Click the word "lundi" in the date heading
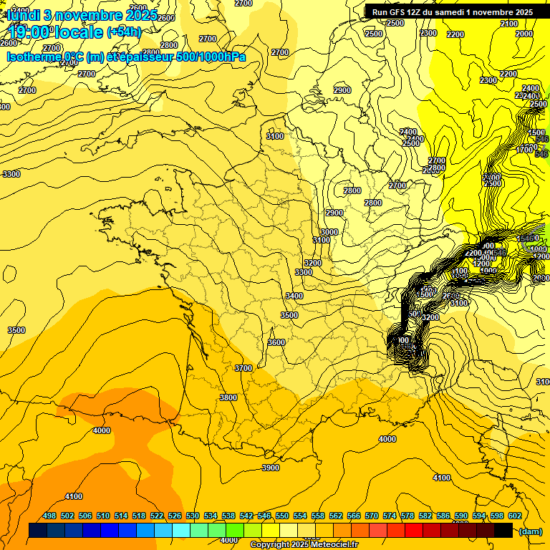click(x=24, y=15)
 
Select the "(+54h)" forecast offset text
click(x=123, y=32)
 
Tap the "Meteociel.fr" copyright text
click(x=330, y=544)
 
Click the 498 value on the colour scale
click(x=49, y=516)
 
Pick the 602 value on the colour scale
click(x=514, y=516)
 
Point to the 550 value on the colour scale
click(x=282, y=516)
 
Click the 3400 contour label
click(x=294, y=296)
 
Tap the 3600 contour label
click(x=276, y=342)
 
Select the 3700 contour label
click(x=243, y=368)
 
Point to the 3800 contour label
click(x=228, y=397)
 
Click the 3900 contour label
click(x=271, y=468)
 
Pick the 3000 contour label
click(x=329, y=232)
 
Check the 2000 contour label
click(x=524, y=34)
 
